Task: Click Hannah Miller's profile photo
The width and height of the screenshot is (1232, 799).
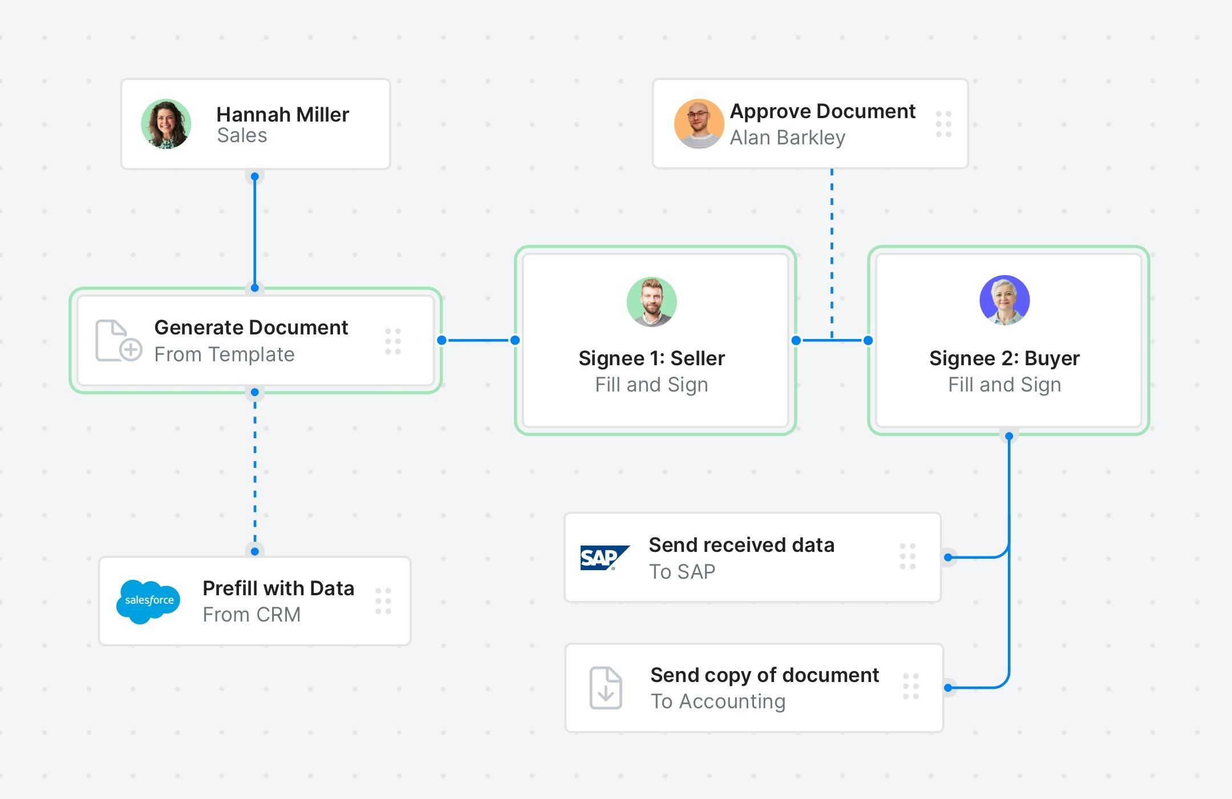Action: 166,124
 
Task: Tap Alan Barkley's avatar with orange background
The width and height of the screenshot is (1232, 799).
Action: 699,124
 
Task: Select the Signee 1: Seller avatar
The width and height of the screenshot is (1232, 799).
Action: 651,302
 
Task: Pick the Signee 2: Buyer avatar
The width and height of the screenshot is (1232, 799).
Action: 1004,300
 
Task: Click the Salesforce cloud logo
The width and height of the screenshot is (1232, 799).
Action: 148,602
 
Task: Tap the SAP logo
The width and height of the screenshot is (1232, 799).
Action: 604,558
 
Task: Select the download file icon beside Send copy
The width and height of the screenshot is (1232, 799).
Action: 605,688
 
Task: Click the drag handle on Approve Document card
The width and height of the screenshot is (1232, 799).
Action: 943,124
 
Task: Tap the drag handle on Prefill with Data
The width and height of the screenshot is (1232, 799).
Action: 383,602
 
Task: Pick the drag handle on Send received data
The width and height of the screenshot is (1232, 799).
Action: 907,556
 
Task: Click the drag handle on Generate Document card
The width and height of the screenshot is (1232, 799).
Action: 393,341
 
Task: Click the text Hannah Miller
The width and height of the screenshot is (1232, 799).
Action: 282,115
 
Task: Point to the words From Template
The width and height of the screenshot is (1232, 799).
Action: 224,354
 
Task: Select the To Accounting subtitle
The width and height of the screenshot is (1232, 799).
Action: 718,701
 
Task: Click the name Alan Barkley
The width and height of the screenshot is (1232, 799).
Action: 787,138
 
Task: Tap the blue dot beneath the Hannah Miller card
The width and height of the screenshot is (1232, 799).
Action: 255,176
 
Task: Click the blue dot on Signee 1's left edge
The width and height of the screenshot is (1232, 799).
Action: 515,340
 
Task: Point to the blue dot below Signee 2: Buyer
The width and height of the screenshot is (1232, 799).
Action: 1009,436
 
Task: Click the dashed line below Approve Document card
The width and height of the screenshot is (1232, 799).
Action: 832,251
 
